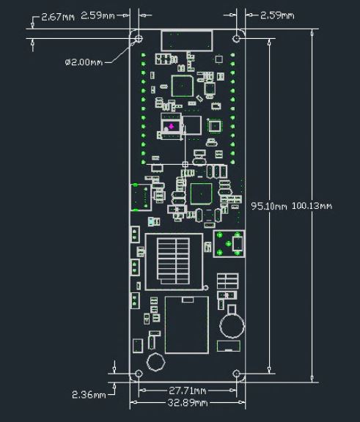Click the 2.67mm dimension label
(58, 18)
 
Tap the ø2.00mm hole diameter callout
(84, 62)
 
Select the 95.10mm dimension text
(269, 206)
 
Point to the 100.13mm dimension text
(312, 206)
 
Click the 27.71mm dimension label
(188, 390)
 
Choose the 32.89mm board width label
(188, 403)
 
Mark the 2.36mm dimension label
(89, 395)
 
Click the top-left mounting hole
(139, 39)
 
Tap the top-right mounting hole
(236, 39)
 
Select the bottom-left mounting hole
(139, 374)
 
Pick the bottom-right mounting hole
(236, 374)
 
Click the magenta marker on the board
(171, 126)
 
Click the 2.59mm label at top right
(277, 15)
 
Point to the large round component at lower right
(232, 326)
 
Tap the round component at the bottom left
(156, 362)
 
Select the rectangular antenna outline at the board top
(186, 40)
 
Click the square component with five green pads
(229, 244)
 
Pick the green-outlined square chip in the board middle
(202, 193)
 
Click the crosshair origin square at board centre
(185, 164)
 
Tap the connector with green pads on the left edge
(141, 197)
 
